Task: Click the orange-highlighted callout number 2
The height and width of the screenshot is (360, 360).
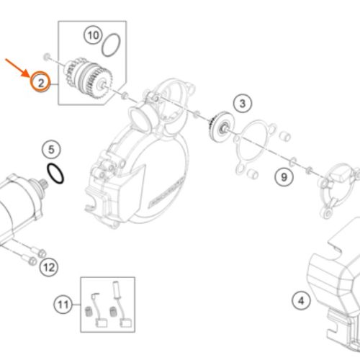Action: (40, 82)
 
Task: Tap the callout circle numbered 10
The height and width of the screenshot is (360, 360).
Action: (93, 35)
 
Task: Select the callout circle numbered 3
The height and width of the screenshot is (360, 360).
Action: (243, 104)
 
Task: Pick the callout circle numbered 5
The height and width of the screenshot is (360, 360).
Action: (51, 150)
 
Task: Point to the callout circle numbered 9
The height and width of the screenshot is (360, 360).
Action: (284, 177)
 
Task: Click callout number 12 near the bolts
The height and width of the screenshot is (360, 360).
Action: (49, 267)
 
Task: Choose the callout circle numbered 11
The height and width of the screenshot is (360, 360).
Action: (63, 305)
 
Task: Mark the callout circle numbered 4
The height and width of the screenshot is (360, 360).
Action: (301, 300)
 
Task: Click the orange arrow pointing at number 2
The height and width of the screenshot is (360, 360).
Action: (17, 68)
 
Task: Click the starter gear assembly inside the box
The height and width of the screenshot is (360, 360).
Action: (89, 78)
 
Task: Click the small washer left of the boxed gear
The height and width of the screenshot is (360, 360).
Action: (47, 57)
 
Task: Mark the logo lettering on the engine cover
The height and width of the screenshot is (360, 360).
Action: (167, 192)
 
